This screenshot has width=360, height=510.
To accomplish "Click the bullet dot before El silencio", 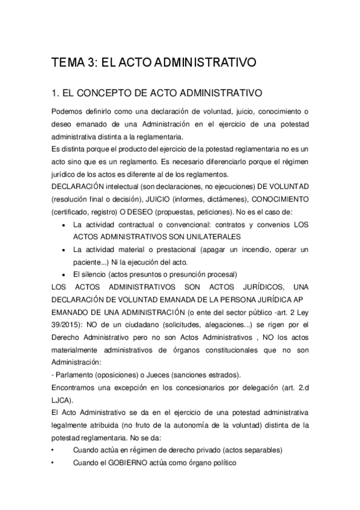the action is coord(64,274).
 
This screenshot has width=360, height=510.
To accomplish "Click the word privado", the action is coord(216,449).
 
